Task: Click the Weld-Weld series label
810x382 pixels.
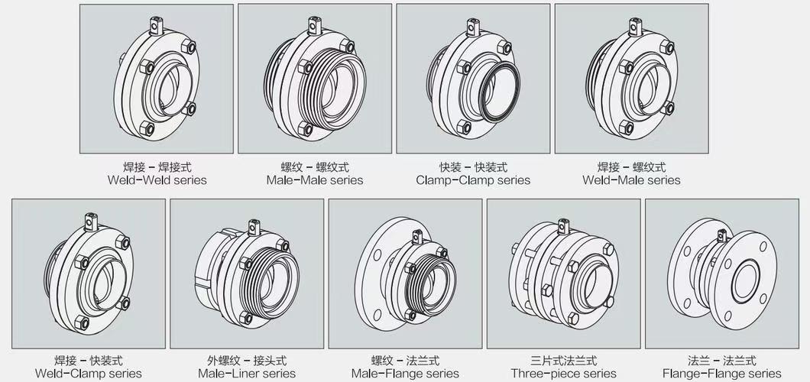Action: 157,180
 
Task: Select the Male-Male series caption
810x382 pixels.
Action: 315,180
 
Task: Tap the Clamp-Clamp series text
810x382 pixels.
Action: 473,180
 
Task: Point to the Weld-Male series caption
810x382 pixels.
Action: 631,180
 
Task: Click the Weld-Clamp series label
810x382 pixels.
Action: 89,374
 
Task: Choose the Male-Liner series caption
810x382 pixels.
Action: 247,374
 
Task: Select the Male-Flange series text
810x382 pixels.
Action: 405,374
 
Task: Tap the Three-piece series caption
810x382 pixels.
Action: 564,374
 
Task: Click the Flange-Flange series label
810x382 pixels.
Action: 721,374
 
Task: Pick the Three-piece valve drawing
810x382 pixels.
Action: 564,274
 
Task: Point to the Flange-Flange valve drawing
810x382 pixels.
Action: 721,274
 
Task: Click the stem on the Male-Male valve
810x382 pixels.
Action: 315,25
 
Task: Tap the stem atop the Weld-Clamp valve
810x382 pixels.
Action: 92,222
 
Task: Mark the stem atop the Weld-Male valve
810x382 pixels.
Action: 636,26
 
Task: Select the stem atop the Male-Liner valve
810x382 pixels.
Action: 254,228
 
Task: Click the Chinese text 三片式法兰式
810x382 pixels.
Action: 564,361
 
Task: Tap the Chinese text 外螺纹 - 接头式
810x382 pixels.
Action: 247,361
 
